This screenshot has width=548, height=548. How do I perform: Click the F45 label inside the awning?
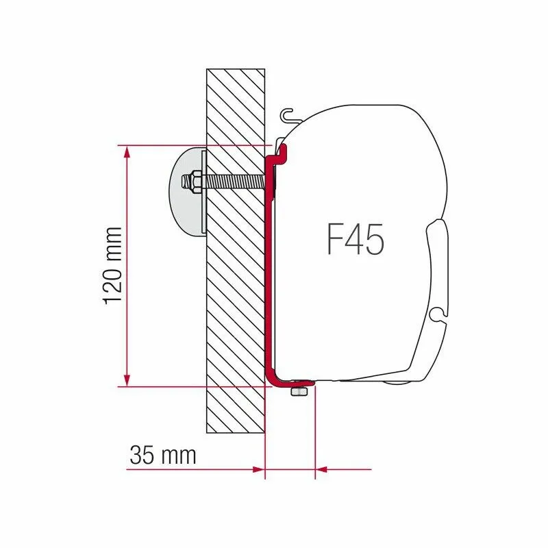tap(355, 240)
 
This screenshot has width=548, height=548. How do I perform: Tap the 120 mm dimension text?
tap(114, 266)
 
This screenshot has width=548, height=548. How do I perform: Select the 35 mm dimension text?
tap(162, 455)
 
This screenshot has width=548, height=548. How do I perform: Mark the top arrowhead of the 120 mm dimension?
tap(127, 152)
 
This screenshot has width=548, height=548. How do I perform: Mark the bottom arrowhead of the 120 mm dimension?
tap(127, 379)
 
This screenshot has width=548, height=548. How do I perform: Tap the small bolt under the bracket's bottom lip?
tap(298, 391)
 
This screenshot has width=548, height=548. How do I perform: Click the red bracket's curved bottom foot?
tap(275, 378)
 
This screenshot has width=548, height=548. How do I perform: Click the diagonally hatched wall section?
tap(235, 308)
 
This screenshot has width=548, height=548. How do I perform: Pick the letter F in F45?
tap(334, 240)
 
